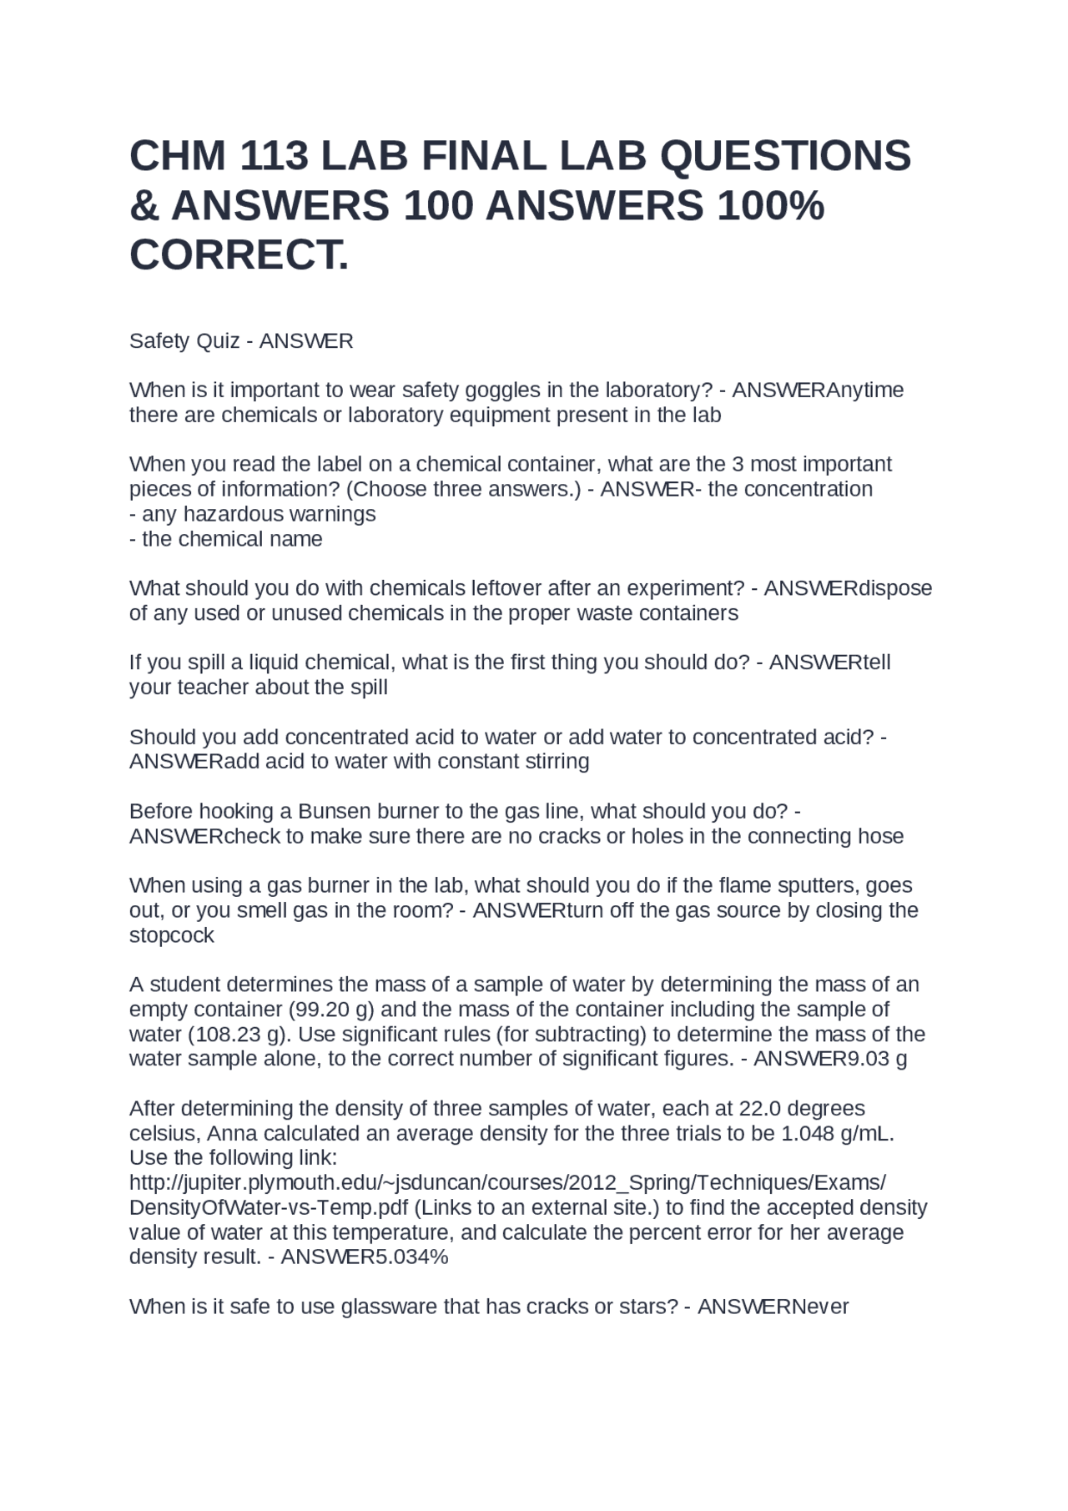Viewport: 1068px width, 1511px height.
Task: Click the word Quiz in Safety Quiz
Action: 218,341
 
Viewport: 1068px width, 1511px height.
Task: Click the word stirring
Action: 555,762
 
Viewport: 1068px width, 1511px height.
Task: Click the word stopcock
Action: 172,935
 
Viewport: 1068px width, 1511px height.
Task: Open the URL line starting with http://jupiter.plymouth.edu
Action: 507,1183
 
